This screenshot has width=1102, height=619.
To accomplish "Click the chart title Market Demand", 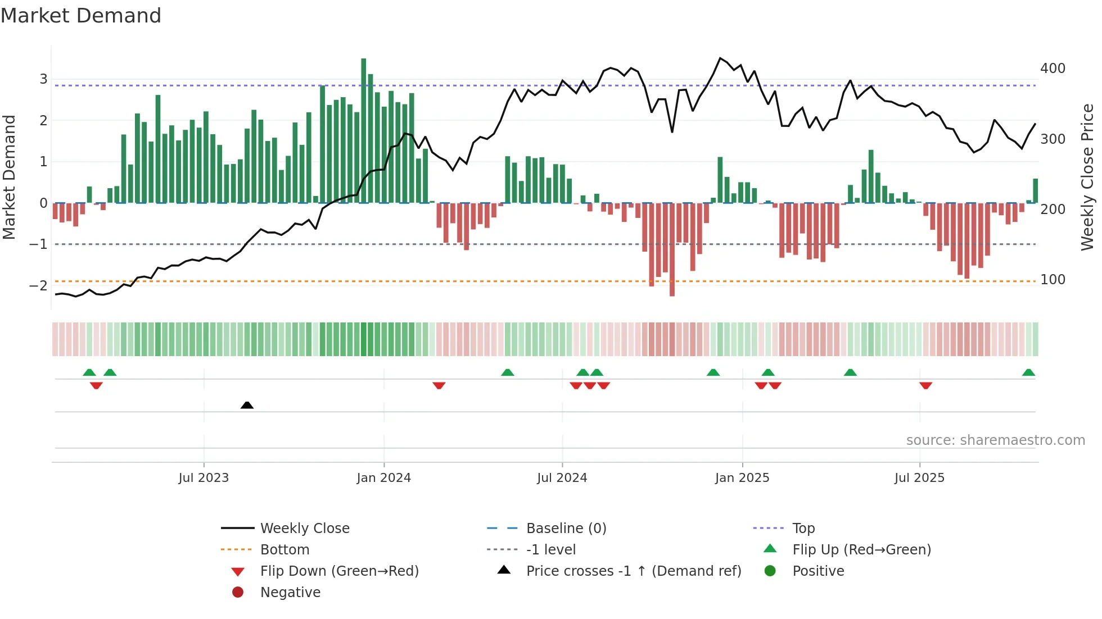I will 81,16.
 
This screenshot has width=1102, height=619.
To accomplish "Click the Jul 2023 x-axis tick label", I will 204,478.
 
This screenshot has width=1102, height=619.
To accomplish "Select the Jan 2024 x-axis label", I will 384,478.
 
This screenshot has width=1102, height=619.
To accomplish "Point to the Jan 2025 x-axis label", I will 742,478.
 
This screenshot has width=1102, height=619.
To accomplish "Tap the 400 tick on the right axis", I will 1053,69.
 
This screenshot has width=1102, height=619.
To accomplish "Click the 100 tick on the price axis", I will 1053,280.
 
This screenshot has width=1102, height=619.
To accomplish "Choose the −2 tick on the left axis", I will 38,285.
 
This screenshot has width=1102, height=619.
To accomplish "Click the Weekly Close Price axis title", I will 1087,177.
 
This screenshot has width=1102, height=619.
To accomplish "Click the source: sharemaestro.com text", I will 995,440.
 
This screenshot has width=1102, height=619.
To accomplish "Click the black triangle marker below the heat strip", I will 247,405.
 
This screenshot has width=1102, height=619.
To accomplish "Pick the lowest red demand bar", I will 672,250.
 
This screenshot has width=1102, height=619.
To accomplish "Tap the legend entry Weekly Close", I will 304,529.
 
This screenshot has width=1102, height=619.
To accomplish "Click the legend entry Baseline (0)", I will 566,529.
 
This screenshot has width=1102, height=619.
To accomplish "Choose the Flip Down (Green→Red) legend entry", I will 339,571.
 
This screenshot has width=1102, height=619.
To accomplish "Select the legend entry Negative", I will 290,593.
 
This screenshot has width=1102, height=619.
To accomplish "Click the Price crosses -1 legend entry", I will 633,571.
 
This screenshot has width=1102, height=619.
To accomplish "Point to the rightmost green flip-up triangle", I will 1028,372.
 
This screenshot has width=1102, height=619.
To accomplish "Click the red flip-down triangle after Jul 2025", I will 925,385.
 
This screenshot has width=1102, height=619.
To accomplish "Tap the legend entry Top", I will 803,529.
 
